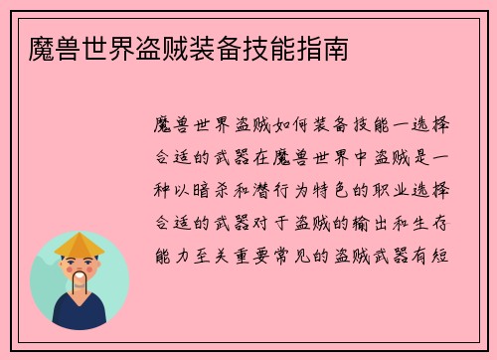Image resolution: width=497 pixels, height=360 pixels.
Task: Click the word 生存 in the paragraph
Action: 432,221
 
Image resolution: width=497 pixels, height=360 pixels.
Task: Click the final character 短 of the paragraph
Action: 443,253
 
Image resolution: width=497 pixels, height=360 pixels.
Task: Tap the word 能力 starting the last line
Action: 176,253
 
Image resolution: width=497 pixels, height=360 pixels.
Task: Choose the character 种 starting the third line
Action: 165,190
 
